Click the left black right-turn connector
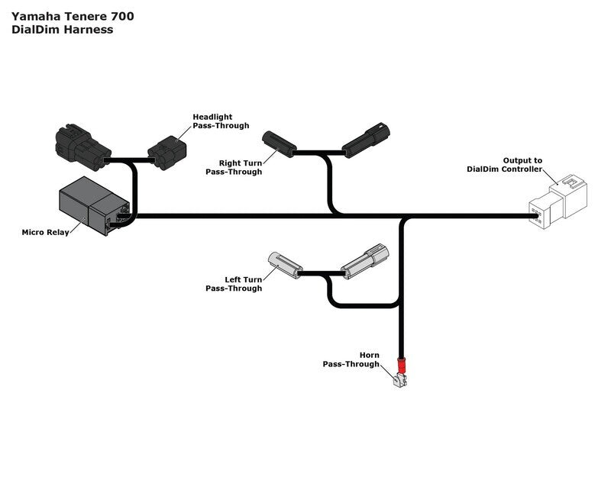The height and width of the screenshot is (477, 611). pyautogui.click(x=279, y=143)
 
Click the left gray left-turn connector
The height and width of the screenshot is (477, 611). pyautogui.click(x=285, y=263)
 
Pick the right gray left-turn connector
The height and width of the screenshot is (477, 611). pyautogui.click(x=364, y=259)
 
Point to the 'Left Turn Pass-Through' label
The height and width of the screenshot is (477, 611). pyautogui.click(x=234, y=284)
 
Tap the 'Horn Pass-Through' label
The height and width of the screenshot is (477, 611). pyautogui.click(x=351, y=360)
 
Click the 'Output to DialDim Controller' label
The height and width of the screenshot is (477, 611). pyautogui.click(x=505, y=165)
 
